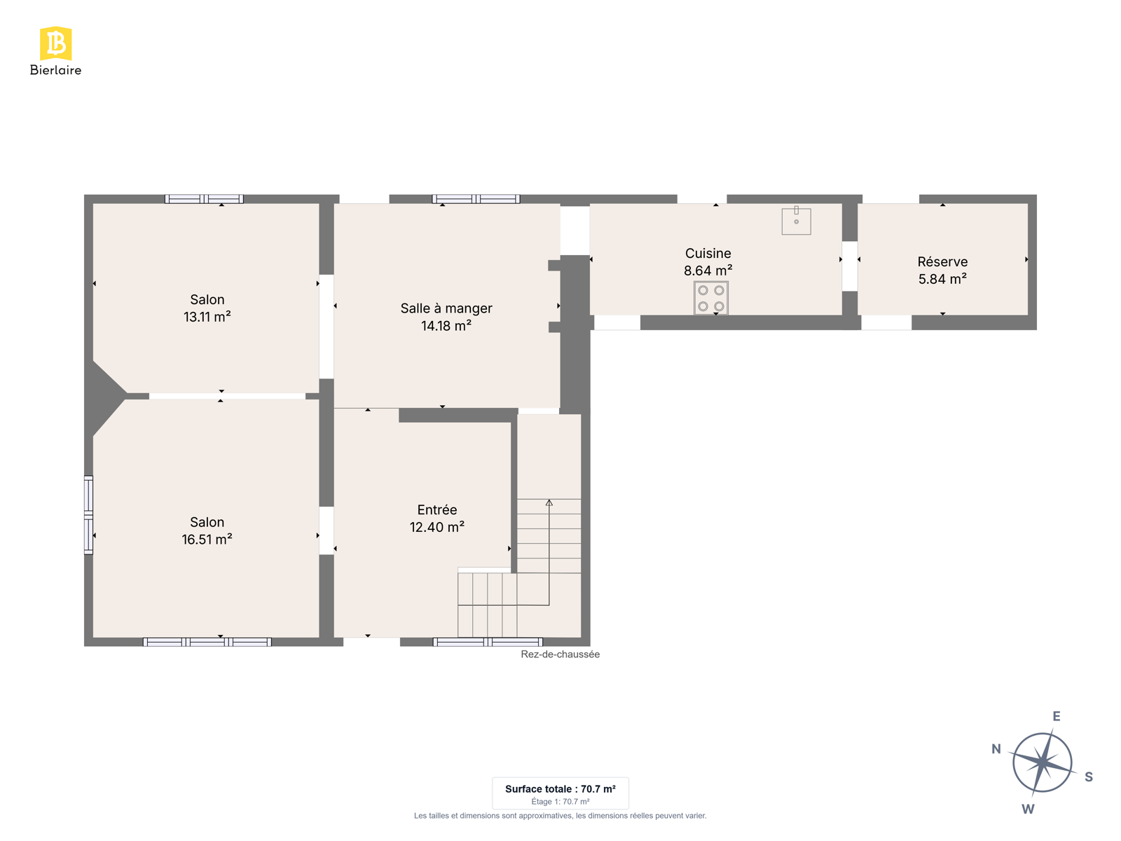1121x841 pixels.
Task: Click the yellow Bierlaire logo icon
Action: pos(55,43)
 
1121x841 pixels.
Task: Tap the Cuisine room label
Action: pos(708,253)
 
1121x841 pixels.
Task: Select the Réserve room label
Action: pos(942,261)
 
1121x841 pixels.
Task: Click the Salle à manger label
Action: pos(446,308)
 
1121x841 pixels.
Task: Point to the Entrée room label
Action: pos(436,510)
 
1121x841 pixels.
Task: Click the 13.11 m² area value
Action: pos(207,317)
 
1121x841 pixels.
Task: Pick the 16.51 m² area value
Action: pos(207,540)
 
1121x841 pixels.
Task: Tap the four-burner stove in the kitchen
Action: pos(711,298)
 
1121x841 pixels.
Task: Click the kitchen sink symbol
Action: pos(796,221)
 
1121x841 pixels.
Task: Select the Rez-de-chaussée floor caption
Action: pos(560,654)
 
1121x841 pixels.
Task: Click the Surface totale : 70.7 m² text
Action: pos(560,789)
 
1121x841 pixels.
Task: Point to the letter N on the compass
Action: pos(996,748)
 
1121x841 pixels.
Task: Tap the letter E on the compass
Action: pos(1056,716)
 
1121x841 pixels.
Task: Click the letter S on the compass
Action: pos(1089,777)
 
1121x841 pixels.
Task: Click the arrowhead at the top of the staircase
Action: pos(549,503)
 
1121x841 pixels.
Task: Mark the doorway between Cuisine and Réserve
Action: pos(849,266)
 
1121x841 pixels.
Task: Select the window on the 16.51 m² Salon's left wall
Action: pos(88,514)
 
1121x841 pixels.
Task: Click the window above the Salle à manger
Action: pos(476,198)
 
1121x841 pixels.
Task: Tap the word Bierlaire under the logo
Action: pos(55,69)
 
